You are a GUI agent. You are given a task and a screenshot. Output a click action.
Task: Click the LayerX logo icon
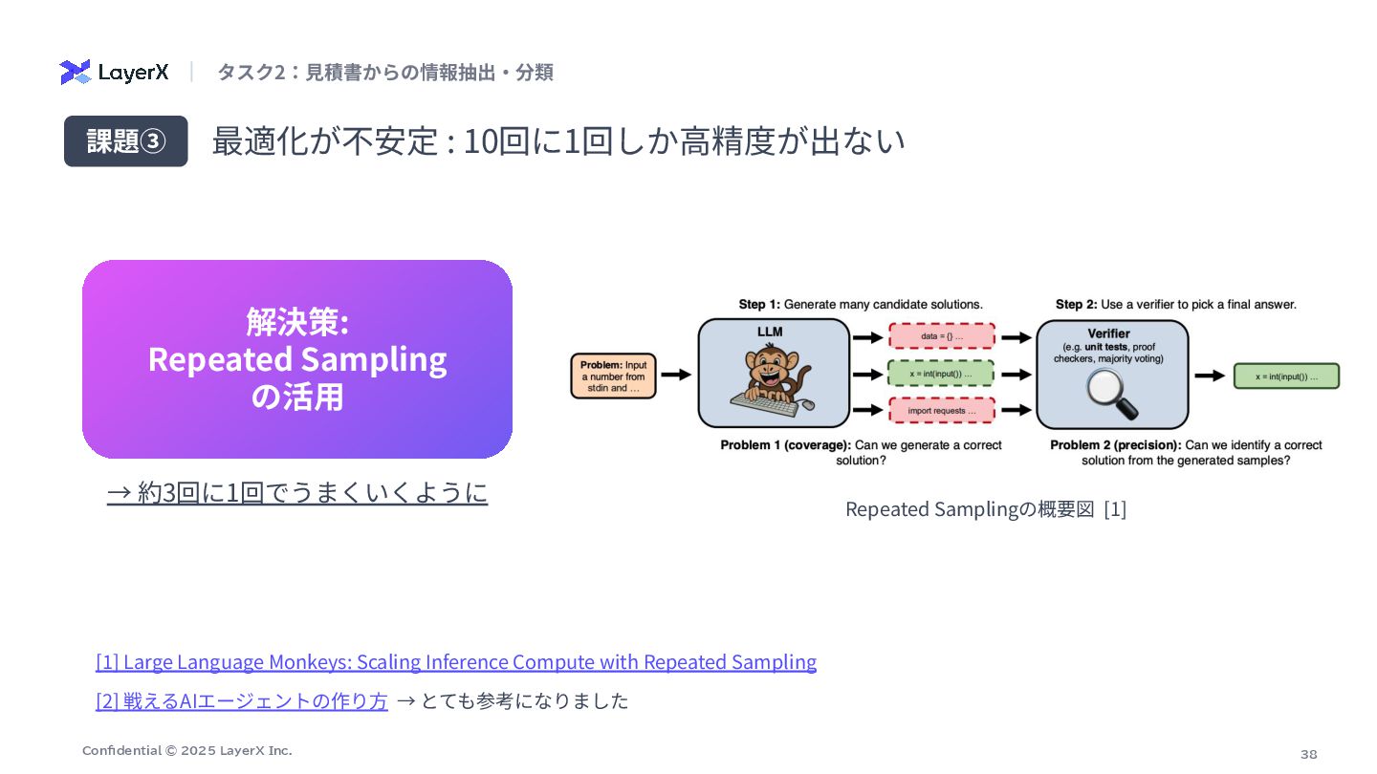pos(76,72)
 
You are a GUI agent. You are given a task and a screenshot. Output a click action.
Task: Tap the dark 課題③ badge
pos(125,141)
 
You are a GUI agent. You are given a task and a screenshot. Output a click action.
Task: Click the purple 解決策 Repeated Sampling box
pos(297,359)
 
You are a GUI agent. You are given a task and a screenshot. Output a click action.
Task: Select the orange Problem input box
pos(613,376)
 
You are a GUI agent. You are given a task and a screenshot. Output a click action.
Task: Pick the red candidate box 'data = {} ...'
pos(942,336)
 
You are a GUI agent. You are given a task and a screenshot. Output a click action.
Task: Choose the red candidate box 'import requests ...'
pos(942,411)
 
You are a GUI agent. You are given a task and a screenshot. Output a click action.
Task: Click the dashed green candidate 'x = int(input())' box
pos(942,374)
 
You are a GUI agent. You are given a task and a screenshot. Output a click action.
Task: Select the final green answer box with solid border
pos(1286,376)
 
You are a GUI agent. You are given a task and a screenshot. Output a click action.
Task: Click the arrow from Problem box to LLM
pos(675,376)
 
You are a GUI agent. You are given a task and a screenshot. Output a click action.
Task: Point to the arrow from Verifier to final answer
pos(1210,376)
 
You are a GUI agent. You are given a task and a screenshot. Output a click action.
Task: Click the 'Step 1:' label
pos(759,305)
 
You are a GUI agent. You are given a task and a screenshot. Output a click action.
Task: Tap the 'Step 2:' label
pos(1076,305)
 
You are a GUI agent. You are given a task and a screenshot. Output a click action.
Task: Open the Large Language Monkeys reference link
pos(456,662)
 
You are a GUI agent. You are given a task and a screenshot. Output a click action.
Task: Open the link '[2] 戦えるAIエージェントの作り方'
pos(242,701)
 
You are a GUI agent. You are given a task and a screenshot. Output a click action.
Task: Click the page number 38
pos(1308,754)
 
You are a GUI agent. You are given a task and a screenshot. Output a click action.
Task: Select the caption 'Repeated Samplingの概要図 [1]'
pos(986,509)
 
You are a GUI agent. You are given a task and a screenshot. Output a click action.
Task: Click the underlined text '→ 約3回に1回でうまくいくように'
pos(297,493)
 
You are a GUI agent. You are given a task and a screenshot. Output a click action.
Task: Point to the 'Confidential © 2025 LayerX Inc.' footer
pos(187,750)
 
